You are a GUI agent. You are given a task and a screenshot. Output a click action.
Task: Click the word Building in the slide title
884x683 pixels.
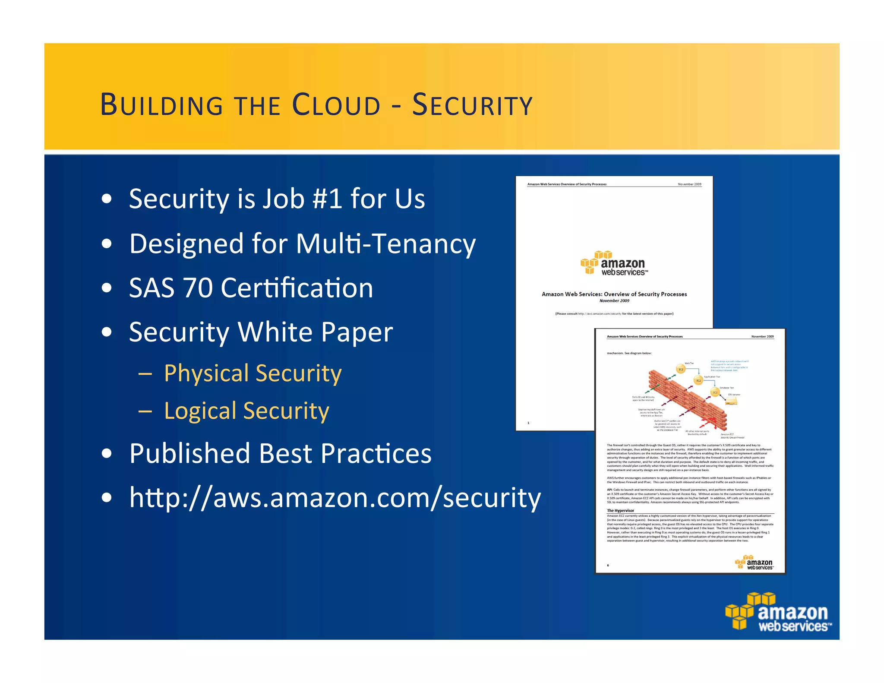pos(161,105)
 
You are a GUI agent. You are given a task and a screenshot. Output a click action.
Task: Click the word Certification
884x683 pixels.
pos(297,288)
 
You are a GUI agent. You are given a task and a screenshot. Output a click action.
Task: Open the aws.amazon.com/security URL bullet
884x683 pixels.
pos(335,498)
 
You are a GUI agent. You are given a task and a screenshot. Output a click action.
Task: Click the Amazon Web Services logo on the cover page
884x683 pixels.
pos(614,263)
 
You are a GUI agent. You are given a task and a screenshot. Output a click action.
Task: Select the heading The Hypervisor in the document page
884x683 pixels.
pos(620,510)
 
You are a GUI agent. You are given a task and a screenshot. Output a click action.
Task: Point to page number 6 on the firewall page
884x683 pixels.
pos(608,565)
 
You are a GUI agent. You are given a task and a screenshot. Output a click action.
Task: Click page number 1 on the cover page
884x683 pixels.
pos(528,423)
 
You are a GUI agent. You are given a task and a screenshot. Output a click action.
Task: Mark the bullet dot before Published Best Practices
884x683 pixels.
pos(107,454)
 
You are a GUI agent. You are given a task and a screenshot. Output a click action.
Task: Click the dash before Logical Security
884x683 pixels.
pos(145,411)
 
